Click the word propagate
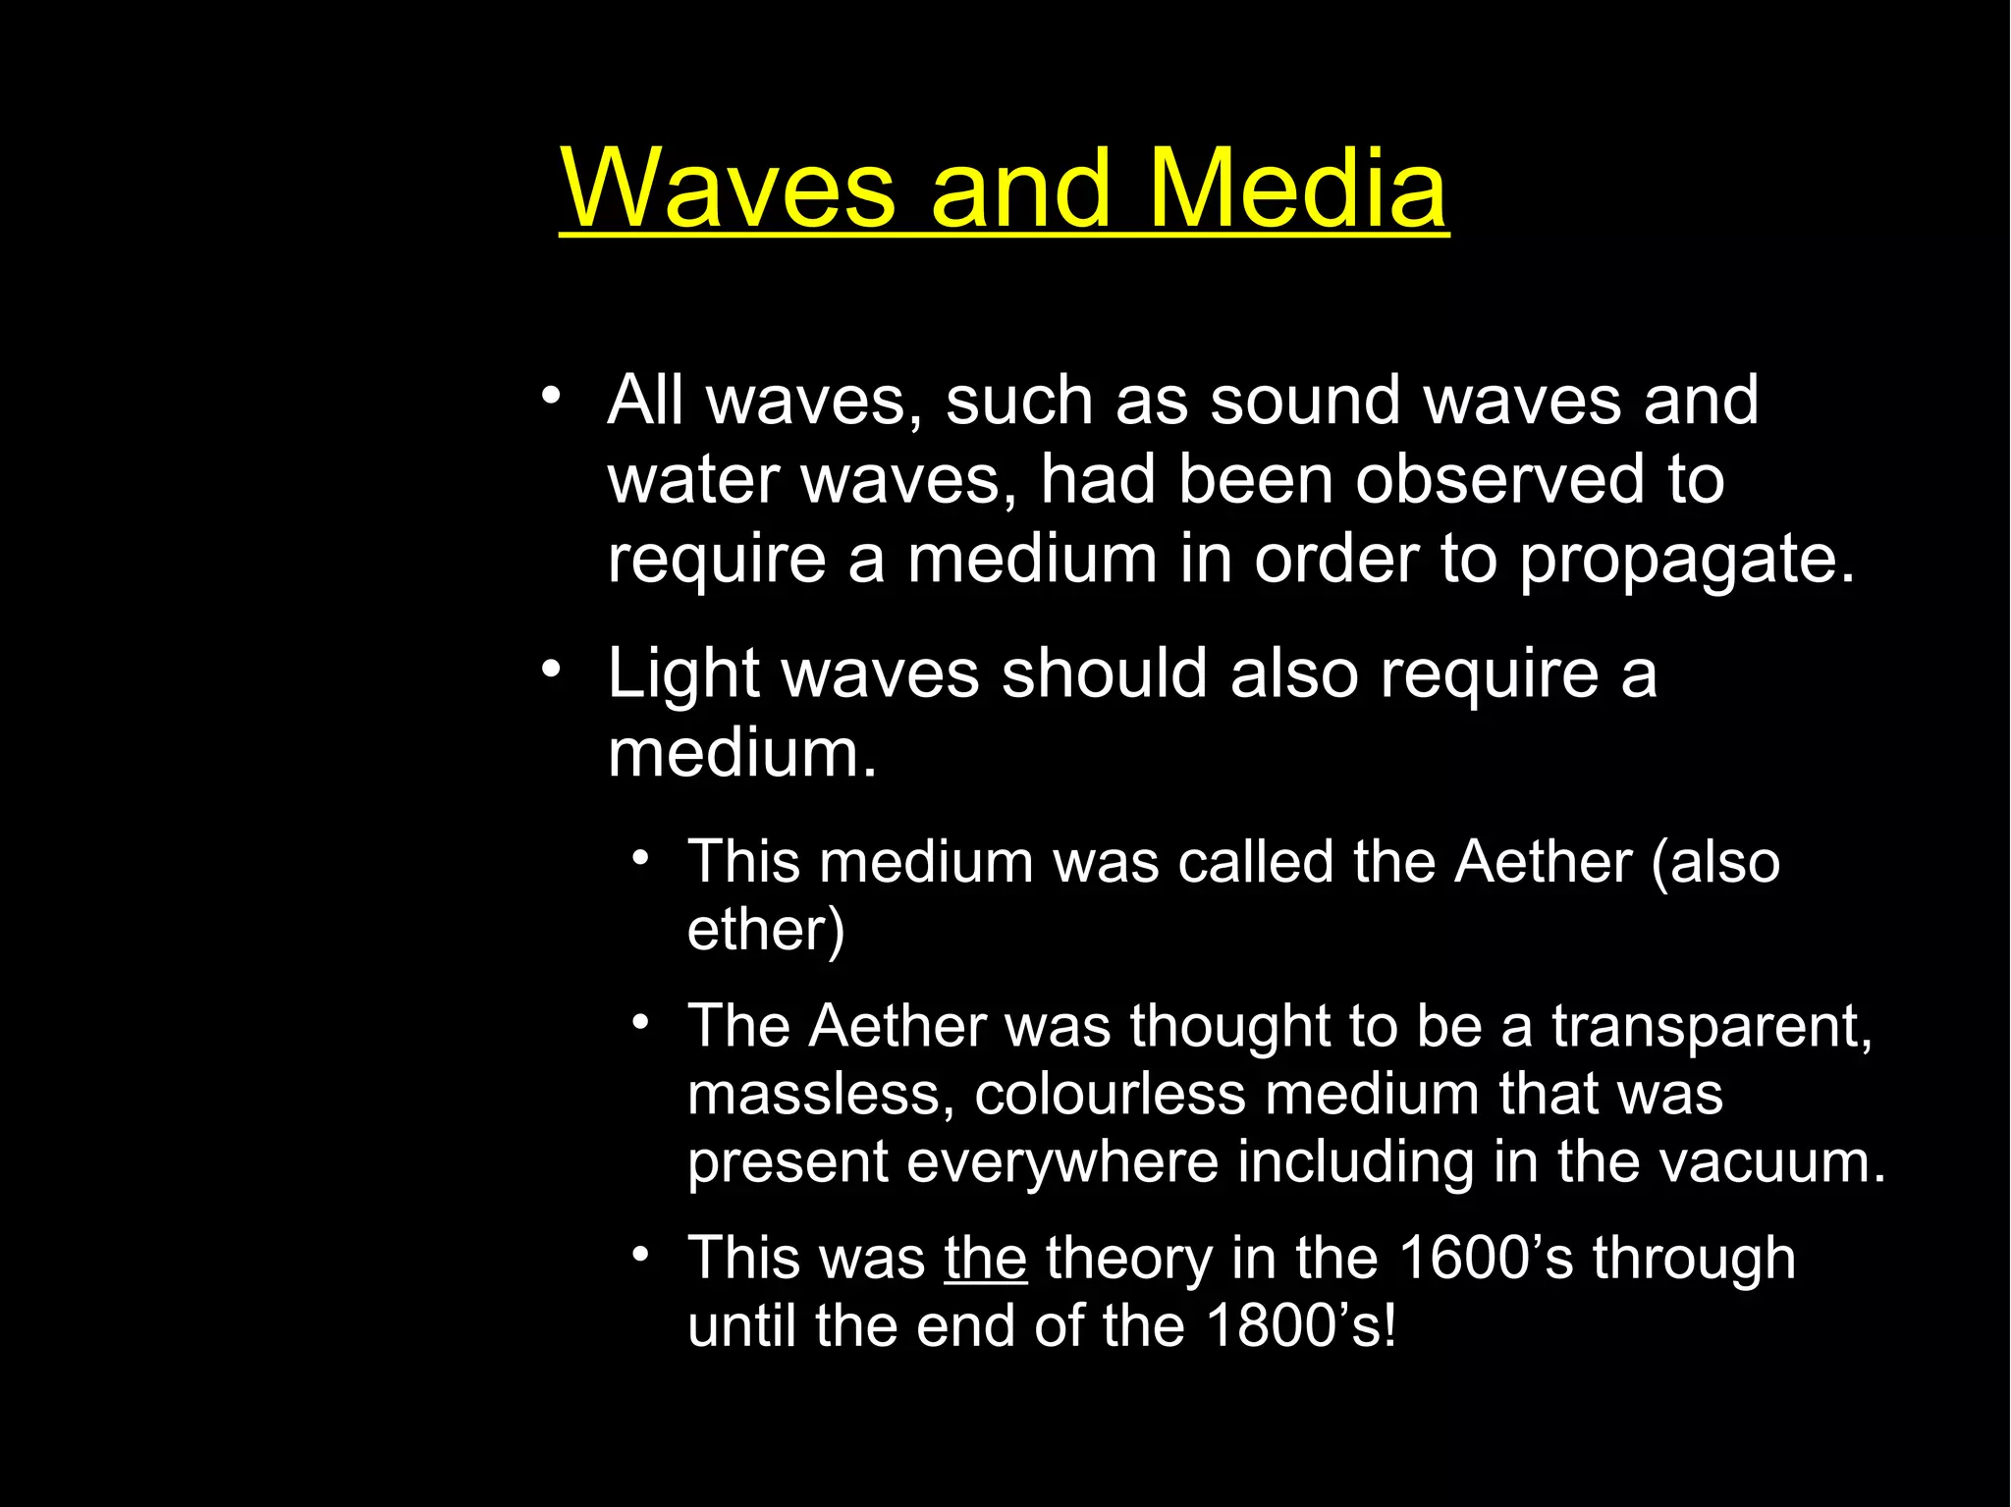1687,560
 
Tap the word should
1104,674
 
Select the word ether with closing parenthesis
766,930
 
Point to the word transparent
1712,1026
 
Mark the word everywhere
1060,1162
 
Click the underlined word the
985,1258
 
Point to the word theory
1128,1259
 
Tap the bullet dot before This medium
641,859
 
